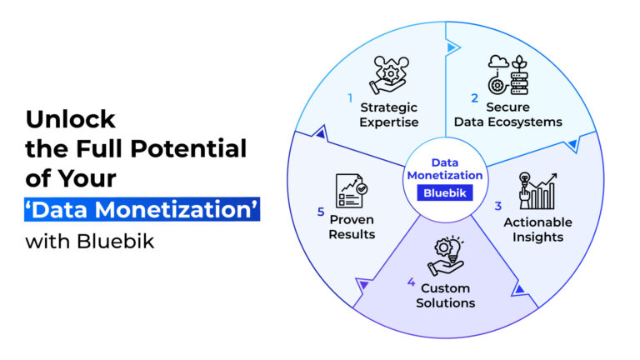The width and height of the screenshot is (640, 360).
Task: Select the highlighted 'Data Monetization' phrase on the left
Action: pos(142,208)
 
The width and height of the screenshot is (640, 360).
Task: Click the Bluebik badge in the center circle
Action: pos(444,192)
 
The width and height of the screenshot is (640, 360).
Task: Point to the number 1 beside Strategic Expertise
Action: pos(351,97)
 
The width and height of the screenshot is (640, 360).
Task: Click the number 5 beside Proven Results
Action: pos(320,212)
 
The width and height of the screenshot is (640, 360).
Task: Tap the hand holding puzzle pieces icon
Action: pos(389,73)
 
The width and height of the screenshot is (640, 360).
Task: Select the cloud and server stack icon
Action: pos(507,73)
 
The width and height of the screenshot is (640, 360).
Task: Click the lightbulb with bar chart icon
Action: pos(537,190)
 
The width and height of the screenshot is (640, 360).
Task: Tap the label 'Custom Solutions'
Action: pos(446,295)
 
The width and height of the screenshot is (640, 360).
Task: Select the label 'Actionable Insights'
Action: pos(537,229)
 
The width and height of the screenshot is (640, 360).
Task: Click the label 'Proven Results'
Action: pos(352,227)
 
